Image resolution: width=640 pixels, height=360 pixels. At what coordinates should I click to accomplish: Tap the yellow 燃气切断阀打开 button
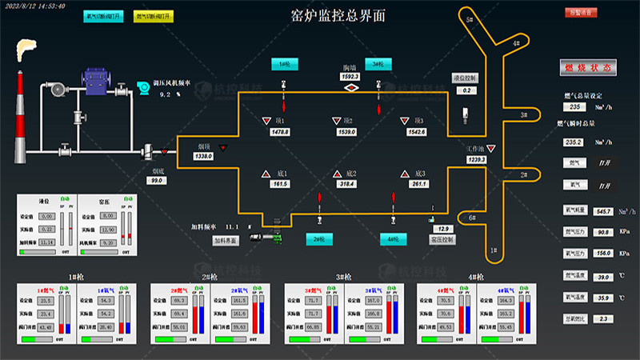click(155, 16)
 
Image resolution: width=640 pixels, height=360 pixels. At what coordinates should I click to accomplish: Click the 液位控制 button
click(465, 78)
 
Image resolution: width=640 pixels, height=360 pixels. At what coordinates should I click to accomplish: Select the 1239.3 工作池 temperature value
click(477, 160)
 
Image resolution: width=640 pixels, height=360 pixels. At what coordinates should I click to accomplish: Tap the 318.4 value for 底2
click(346, 184)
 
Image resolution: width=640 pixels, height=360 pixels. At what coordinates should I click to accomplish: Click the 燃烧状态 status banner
click(593, 68)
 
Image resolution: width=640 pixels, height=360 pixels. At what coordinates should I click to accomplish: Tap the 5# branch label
click(470, 18)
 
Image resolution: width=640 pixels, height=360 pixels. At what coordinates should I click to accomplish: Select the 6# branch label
click(472, 218)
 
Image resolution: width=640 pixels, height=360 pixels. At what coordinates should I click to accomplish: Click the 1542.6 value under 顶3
click(416, 132)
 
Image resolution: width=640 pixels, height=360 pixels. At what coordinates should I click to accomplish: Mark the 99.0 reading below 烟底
click(156, 181)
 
